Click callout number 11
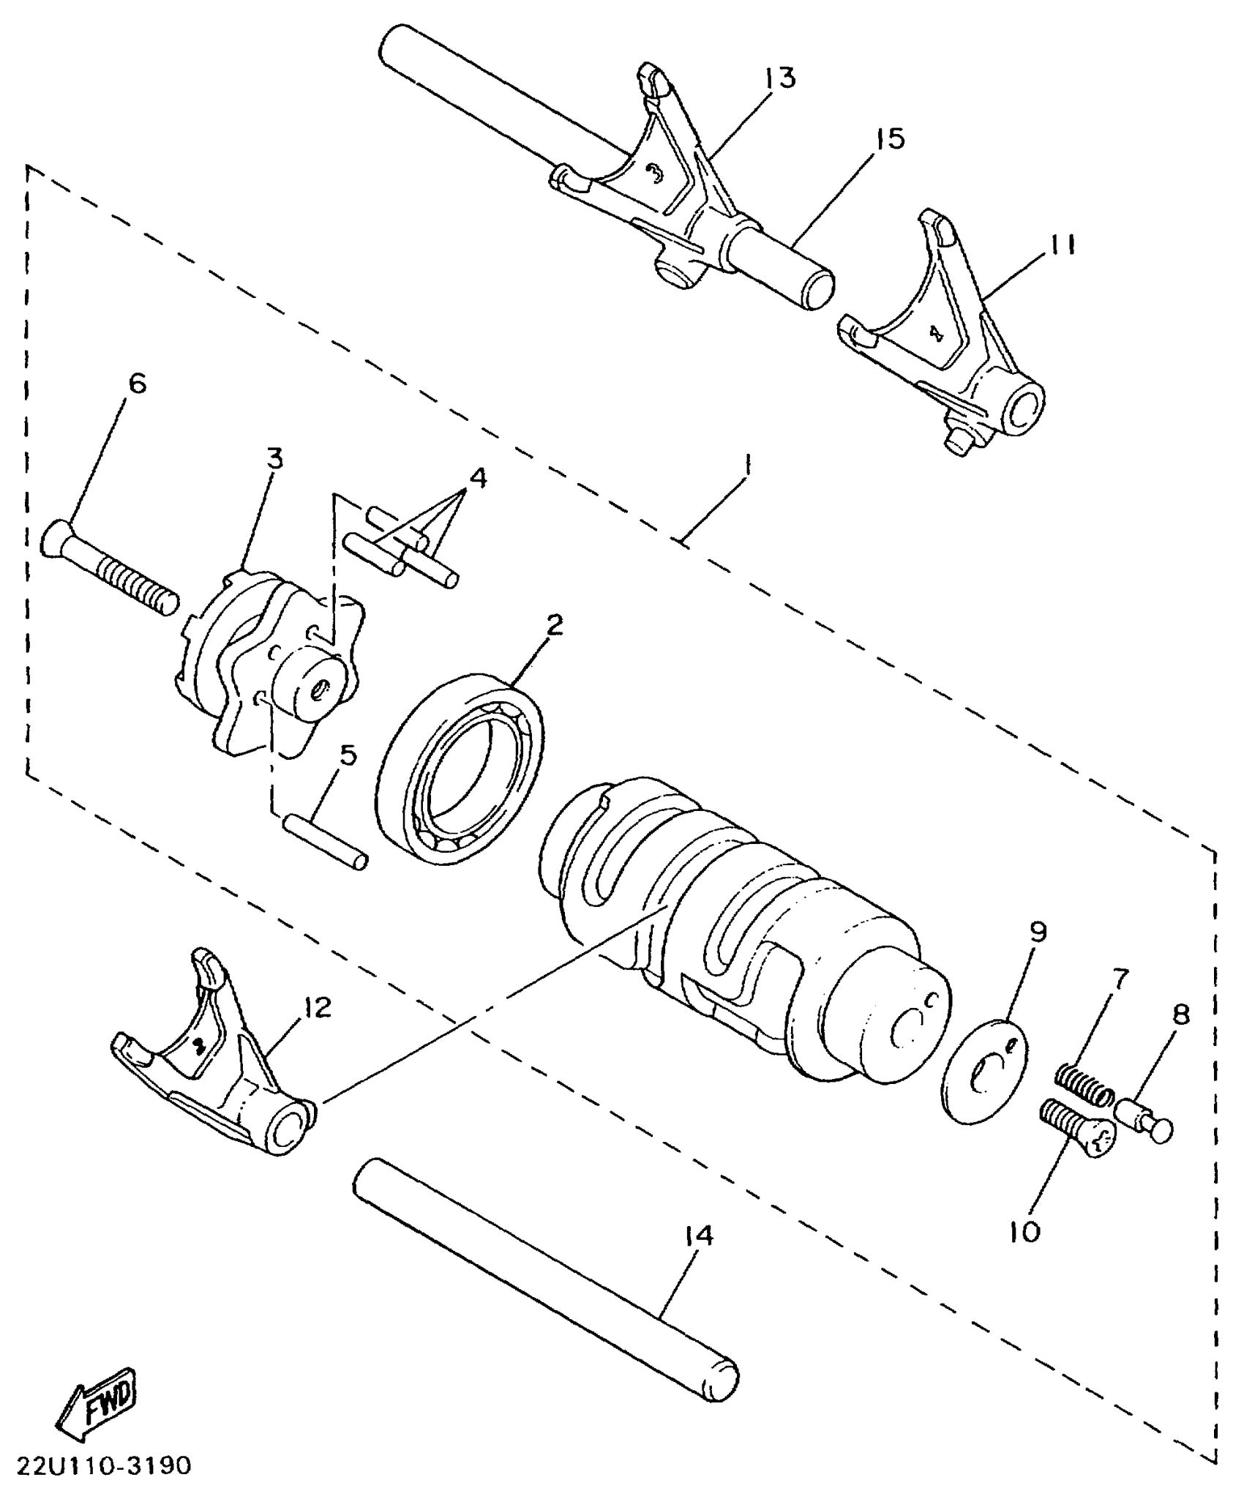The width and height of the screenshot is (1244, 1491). pyautogui.click(x=1060, y=244)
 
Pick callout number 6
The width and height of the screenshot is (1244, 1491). pyautogui.click(x=137, y=384)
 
